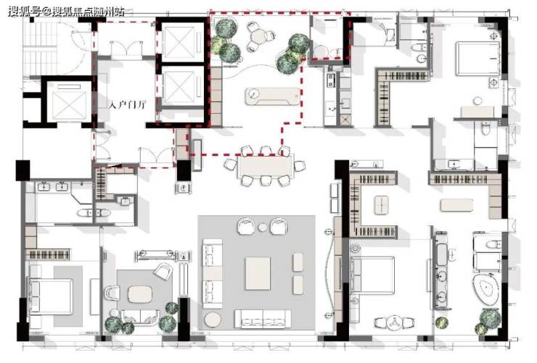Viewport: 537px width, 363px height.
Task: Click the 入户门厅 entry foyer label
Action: click(128, 104)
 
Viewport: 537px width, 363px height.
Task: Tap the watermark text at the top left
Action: click(67, 12)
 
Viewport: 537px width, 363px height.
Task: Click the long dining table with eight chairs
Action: click(266, 165)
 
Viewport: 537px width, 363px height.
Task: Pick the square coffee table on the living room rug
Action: click(258, 273)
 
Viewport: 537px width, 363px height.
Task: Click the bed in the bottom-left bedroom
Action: click(51, 296)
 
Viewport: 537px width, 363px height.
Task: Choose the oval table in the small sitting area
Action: click(140, 294)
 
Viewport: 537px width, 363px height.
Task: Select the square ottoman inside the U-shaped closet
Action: click(381, 205)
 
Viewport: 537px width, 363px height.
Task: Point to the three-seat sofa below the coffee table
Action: click(263, 319)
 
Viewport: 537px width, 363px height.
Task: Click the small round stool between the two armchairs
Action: click(263, 227)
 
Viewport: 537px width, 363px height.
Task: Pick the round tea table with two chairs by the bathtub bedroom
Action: click(394, 322)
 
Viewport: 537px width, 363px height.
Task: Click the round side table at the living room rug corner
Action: click(213, 320)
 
